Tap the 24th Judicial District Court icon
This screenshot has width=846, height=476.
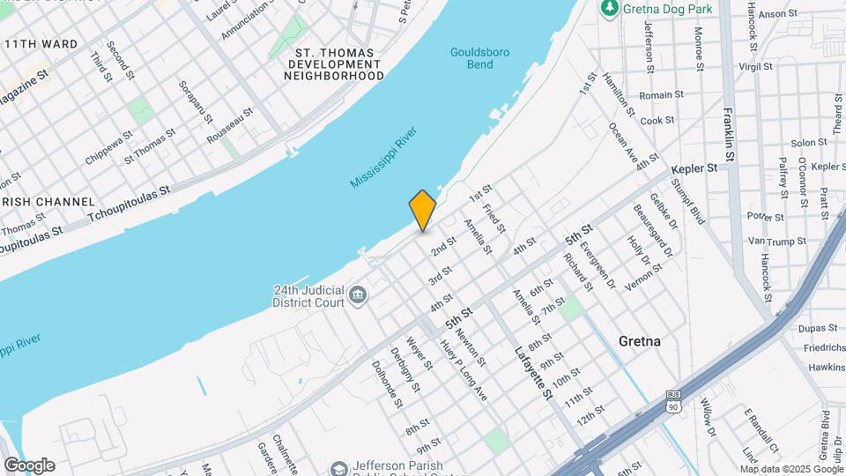pyautogui.click(x=358, y=294)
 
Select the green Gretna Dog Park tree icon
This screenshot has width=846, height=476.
pyautogui.click(x=609, y=8)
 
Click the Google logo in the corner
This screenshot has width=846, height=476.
pyautogui.click(x=29, y=465)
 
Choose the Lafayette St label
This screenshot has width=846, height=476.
pyautogui.click(x=533, y=370)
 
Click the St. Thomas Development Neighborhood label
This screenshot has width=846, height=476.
pyautogui.click(x=334, y=64)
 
